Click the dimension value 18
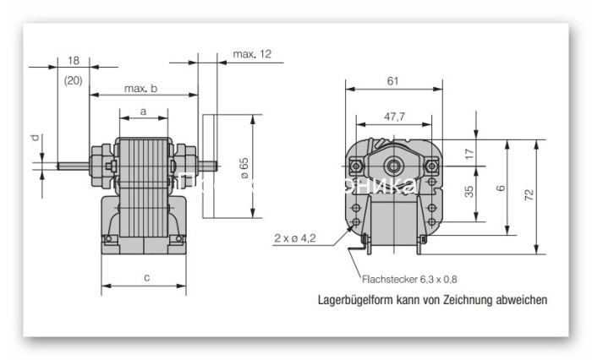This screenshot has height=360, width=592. (73, 61)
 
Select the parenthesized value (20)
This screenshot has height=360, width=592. (73, 80)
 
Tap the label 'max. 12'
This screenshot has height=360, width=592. (252, 55)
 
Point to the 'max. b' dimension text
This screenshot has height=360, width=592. (140, 88)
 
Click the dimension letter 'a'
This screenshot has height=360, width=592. (143, 111)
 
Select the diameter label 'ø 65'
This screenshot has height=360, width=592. (244, 167)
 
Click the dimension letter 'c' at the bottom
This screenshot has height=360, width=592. (146, 276)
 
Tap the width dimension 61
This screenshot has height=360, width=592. (393, 80)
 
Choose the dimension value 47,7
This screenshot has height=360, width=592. (394, 116)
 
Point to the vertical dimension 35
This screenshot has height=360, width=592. (469, 192)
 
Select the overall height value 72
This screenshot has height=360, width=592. (529, 194)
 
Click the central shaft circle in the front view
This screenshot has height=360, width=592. (394, 162)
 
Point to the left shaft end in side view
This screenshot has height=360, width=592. (63, 166)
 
